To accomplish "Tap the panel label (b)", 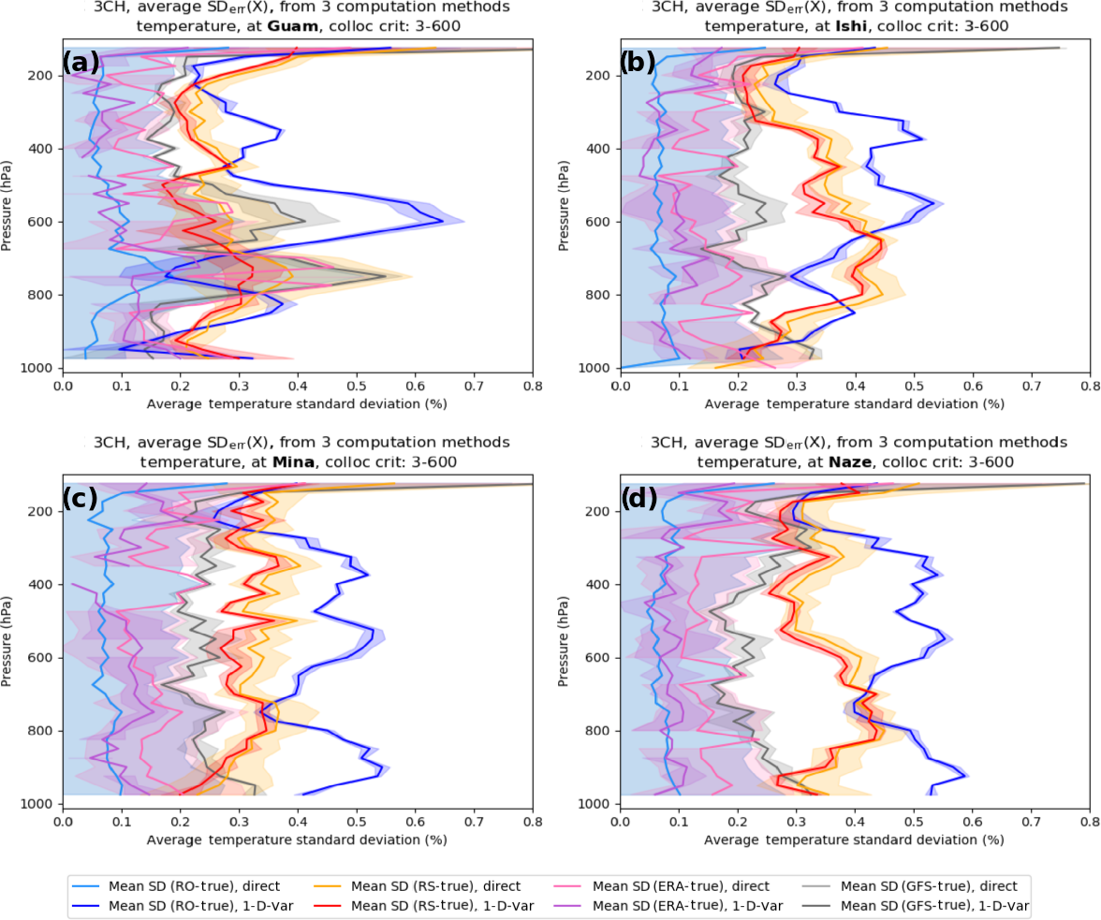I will pos(638,63).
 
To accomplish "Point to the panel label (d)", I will pos(638,499).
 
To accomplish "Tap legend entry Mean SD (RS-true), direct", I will pos(436,886).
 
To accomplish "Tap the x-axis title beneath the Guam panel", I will pos(297,404).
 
